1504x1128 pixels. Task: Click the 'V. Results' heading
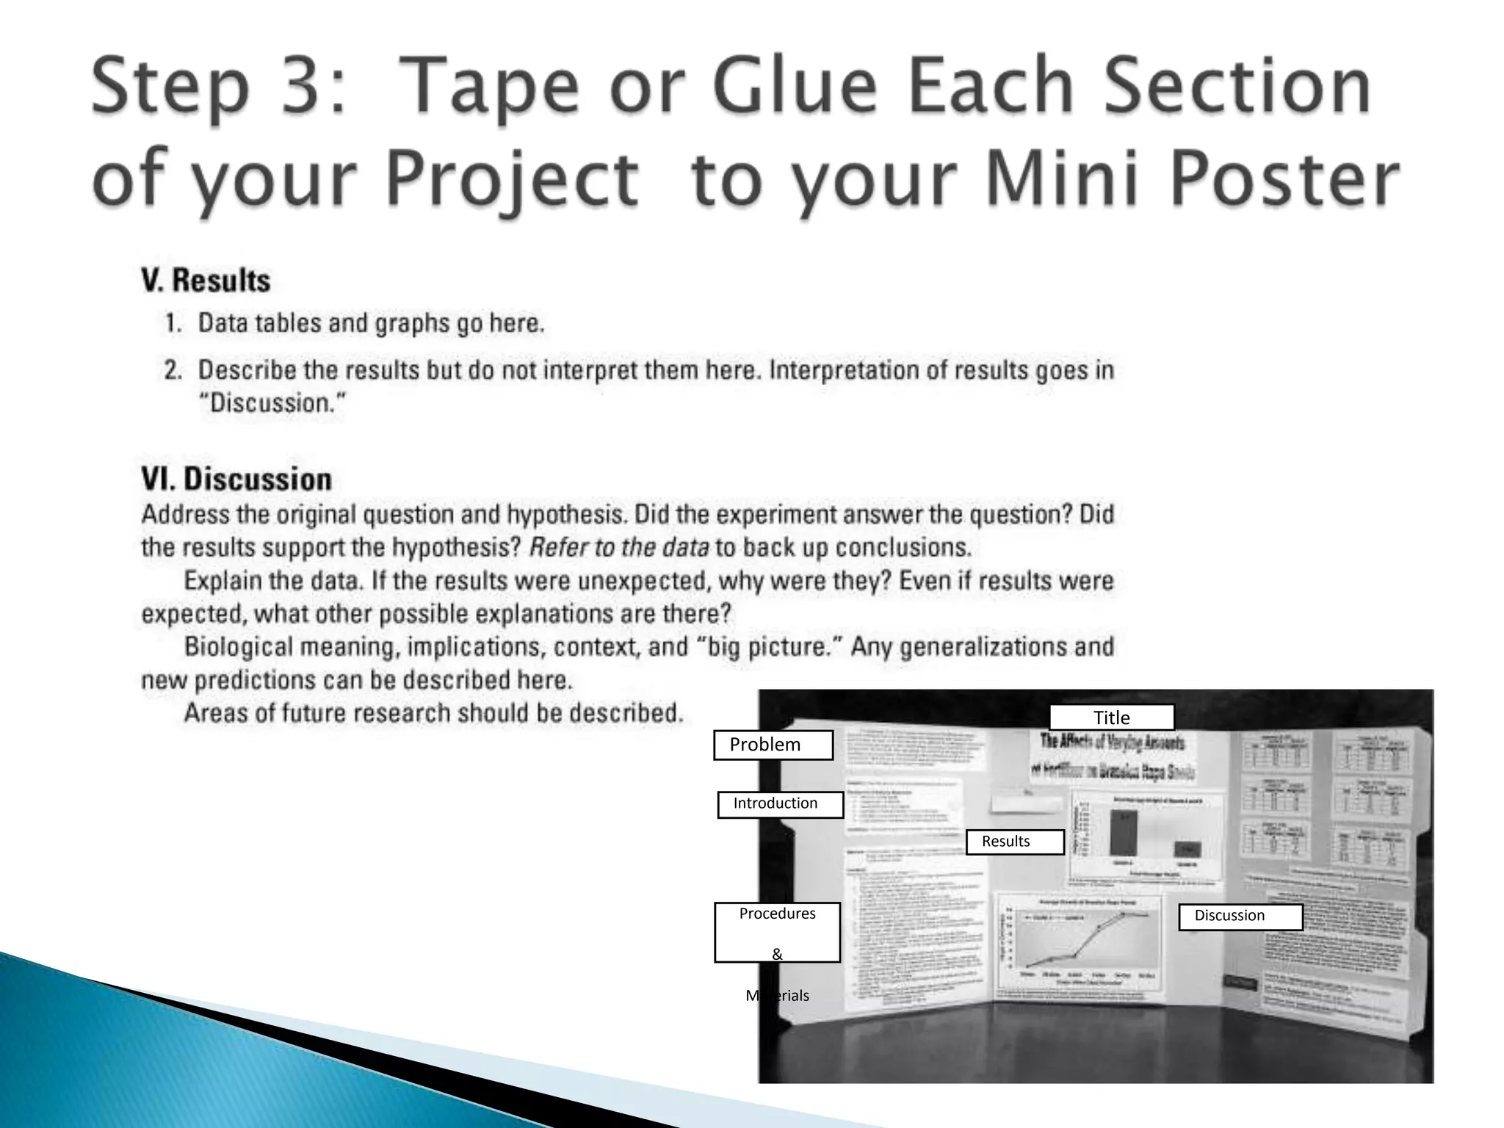206,281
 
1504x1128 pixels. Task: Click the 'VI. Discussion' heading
236,479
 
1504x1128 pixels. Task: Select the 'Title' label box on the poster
1111,717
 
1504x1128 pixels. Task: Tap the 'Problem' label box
773,745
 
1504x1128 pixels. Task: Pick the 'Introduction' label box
780,804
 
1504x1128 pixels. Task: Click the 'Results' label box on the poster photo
1014,842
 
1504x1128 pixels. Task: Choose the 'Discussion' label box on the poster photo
1240,916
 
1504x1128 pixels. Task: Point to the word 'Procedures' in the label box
777,914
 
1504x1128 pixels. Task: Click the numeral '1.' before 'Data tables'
173,323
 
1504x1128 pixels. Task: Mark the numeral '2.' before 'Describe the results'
173,369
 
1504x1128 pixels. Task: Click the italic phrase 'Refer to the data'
619,547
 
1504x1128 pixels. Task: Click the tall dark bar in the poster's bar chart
1124,833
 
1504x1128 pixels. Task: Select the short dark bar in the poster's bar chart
1187,849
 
